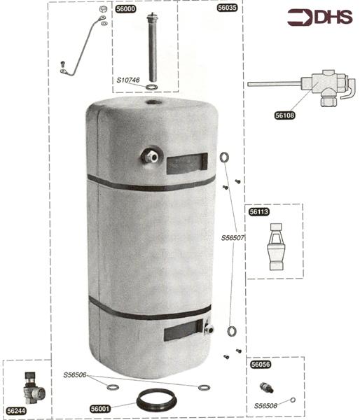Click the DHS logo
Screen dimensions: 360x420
[320, 17]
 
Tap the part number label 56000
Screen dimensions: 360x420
[125, 9]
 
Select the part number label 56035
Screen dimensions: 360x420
[227, 8]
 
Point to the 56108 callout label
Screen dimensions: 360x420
[284, 115]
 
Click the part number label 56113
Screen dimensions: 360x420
[259, 212]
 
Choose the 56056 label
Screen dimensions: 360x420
[261, 365]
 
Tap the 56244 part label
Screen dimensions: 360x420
[16, 411]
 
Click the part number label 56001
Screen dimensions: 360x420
[100, 409]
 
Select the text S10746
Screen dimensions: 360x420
[128, 80]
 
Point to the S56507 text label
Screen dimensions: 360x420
[233, 238]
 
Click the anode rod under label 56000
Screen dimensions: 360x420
[152, 47]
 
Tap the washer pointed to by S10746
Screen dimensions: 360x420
[152, 87]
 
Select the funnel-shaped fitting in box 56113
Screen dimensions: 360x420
[276, 246]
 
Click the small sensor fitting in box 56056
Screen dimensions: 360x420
[266, 388]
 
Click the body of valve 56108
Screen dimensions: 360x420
[321, 85]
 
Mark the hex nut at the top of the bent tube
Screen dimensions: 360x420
[103, 9]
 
